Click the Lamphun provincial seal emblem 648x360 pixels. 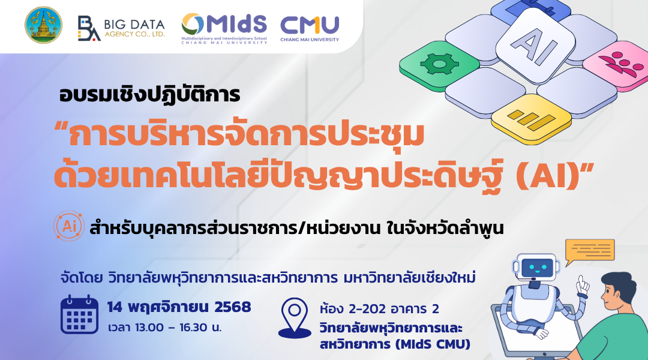pyautogui.click(x=43, y=25)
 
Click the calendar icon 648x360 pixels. pyautogui.click(x=80, y=314)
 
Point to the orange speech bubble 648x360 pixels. pyautogui.click(x=590, y=250)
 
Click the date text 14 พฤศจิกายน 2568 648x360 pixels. pyautogui.click(x=179, y=308)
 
